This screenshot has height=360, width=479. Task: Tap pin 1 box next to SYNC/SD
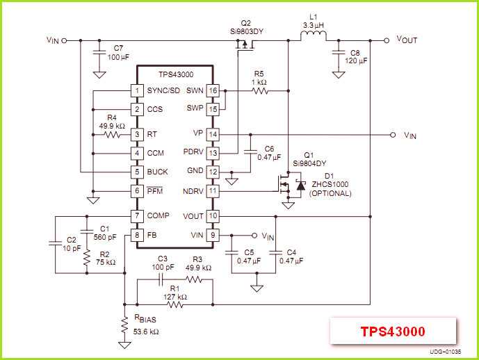tap(137, 90)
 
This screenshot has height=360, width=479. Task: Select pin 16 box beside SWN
tap(213, 90)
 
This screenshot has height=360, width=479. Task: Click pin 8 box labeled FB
tap(137, 235)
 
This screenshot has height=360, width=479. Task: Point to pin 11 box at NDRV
tap(213, 190)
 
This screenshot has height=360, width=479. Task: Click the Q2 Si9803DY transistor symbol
tap(243, 45)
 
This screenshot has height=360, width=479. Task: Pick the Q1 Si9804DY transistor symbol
tap(282, 185)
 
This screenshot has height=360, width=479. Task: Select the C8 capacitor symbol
tap(339, 56)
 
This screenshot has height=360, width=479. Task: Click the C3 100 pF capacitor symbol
tap(161, 280)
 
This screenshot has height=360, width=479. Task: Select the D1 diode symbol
tap(300, 186)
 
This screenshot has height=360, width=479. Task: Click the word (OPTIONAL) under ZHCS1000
tap(331, 193)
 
